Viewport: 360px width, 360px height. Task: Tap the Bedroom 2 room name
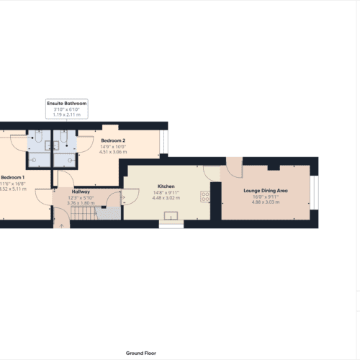point(112,140)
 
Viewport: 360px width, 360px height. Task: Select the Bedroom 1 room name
point(13,177)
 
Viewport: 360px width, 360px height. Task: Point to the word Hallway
point(80,192)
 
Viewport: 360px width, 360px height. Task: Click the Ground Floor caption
point(141,353)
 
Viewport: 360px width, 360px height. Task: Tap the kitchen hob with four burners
point(205,196)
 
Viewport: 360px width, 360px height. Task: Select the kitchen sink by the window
point(171,216)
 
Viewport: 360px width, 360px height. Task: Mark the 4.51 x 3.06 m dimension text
point(112,152)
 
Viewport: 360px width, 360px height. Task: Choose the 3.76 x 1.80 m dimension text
point(80,203)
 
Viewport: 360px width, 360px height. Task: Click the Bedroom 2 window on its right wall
point(165,143)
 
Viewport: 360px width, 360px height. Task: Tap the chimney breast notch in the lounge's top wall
point(274,167)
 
